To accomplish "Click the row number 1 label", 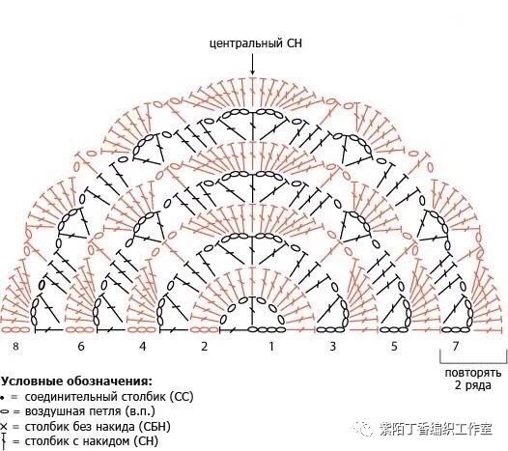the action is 271,347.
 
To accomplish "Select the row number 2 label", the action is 204,347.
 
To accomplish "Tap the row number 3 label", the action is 333,347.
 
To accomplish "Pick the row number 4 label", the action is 143,347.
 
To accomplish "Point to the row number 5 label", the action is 394,347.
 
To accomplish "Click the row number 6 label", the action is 81,347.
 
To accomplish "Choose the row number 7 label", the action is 456,347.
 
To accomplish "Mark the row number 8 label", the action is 15,347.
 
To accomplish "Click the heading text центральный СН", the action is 256,43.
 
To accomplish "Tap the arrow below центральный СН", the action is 252,65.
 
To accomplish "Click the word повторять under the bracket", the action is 473,373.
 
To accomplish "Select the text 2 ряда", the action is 472,385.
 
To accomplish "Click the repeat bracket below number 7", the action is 473,362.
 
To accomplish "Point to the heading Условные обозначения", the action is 76,381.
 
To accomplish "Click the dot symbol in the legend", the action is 2,397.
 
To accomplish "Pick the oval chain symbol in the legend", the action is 5,411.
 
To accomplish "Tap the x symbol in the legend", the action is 4,427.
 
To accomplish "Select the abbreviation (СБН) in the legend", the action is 155,427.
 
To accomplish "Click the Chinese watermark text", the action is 436,430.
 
